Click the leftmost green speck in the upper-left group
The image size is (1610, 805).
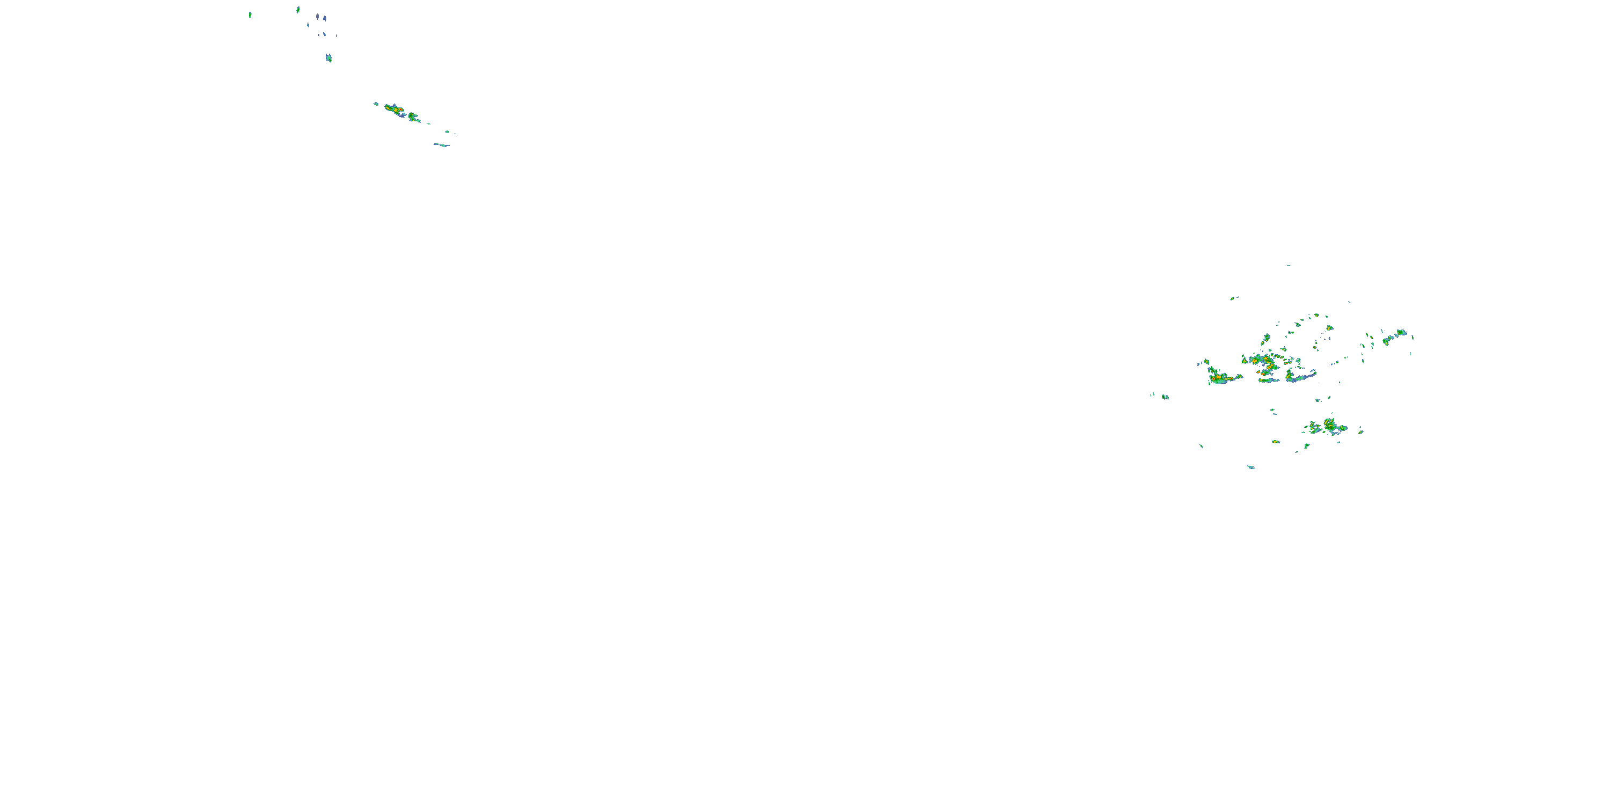pos(250,14)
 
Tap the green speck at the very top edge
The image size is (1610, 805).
pos(298,9)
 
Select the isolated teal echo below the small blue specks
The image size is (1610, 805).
pos(329,58)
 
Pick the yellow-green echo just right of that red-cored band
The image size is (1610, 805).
pos(413,116)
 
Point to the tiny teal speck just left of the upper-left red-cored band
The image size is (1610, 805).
pos(376,104)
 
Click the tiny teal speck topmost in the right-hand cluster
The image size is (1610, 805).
pos(1288,266)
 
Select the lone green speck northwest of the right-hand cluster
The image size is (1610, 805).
pos(1233,298)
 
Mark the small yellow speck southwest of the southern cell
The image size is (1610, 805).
pos(1276,442)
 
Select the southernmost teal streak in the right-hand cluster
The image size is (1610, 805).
pos(1250,467)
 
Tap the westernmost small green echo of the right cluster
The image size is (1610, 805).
pos(1165,397)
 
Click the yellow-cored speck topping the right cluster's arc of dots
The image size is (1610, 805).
pos(1329,327)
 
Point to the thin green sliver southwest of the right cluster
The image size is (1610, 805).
pos(1201,445)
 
